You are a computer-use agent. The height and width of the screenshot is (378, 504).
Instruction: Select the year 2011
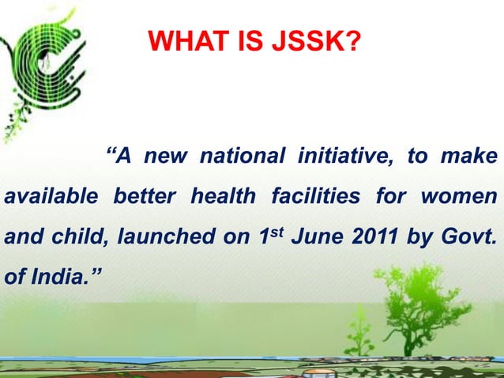370,236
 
